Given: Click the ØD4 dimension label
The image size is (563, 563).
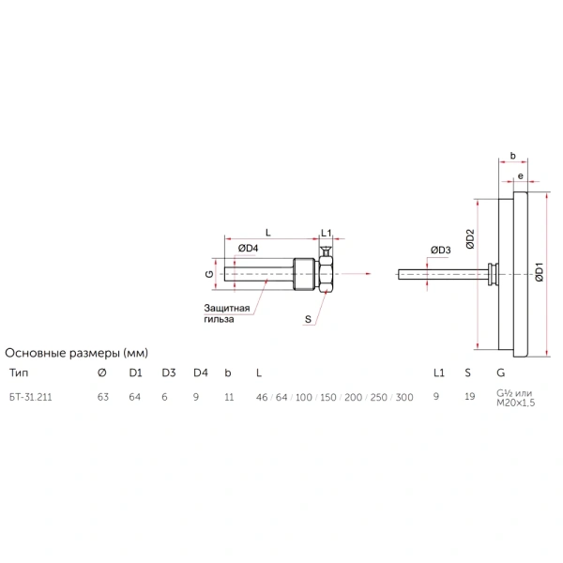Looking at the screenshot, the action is [248, 248].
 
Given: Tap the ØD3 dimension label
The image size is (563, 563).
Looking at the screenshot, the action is [441, 250].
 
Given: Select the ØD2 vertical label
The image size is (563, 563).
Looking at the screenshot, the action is [470, 239].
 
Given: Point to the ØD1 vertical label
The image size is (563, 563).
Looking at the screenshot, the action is [540, 272].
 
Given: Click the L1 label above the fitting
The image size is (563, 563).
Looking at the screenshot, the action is [326, 233].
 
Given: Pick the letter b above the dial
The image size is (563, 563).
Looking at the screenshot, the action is [512, 156].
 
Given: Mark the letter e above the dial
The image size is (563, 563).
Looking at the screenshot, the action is [520, 176].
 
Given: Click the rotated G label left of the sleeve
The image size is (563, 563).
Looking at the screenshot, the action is [209, 274].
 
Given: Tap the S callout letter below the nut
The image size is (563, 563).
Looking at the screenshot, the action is [308, 319].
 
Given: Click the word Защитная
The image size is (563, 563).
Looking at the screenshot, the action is [226, 308].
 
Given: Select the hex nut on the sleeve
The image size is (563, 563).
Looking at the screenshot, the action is [326, 274].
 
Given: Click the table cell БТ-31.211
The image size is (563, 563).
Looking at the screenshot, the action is [31, 397].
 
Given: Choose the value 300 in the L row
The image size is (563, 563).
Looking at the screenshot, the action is [404, 397].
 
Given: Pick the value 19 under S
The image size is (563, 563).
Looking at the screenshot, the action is [470, 396].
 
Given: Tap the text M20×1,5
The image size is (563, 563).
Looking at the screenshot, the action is [515, 403].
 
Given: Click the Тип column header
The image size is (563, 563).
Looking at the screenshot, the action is [19, 373].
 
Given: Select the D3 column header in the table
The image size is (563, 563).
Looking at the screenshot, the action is [169, 373].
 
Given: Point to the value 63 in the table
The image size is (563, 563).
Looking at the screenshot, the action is [103, 397].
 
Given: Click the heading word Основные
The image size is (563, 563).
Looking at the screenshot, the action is [36, 353].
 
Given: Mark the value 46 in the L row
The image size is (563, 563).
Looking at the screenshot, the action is [262, 397].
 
